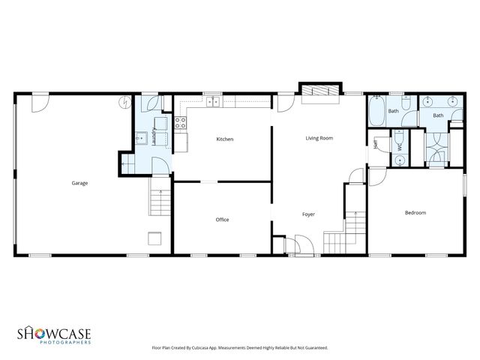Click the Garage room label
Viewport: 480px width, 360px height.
(x=79, y=183)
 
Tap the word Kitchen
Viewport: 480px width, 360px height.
(x=225, y=139)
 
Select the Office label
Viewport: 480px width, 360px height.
(x=222, y=220)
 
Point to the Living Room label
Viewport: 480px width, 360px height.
(x=319, y=138)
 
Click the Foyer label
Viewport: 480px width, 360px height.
(x=308, y=214)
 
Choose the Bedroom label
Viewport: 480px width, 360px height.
(x=415, y=213)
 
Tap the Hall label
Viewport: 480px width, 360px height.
(x=376, y=145)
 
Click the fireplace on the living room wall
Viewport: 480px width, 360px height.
(x=315, y=89)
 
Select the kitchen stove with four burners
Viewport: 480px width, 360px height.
(x=180, y=122)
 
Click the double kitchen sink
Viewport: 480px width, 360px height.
(x=214, y=101)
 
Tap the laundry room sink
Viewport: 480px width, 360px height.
(x=140, y=138)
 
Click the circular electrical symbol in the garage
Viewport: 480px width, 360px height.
(x=124, y=103)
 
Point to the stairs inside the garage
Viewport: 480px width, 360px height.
(x=158, y=201)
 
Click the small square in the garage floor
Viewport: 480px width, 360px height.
(x=154, y=238)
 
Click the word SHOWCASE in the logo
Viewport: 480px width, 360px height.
(x=55, y=331)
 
